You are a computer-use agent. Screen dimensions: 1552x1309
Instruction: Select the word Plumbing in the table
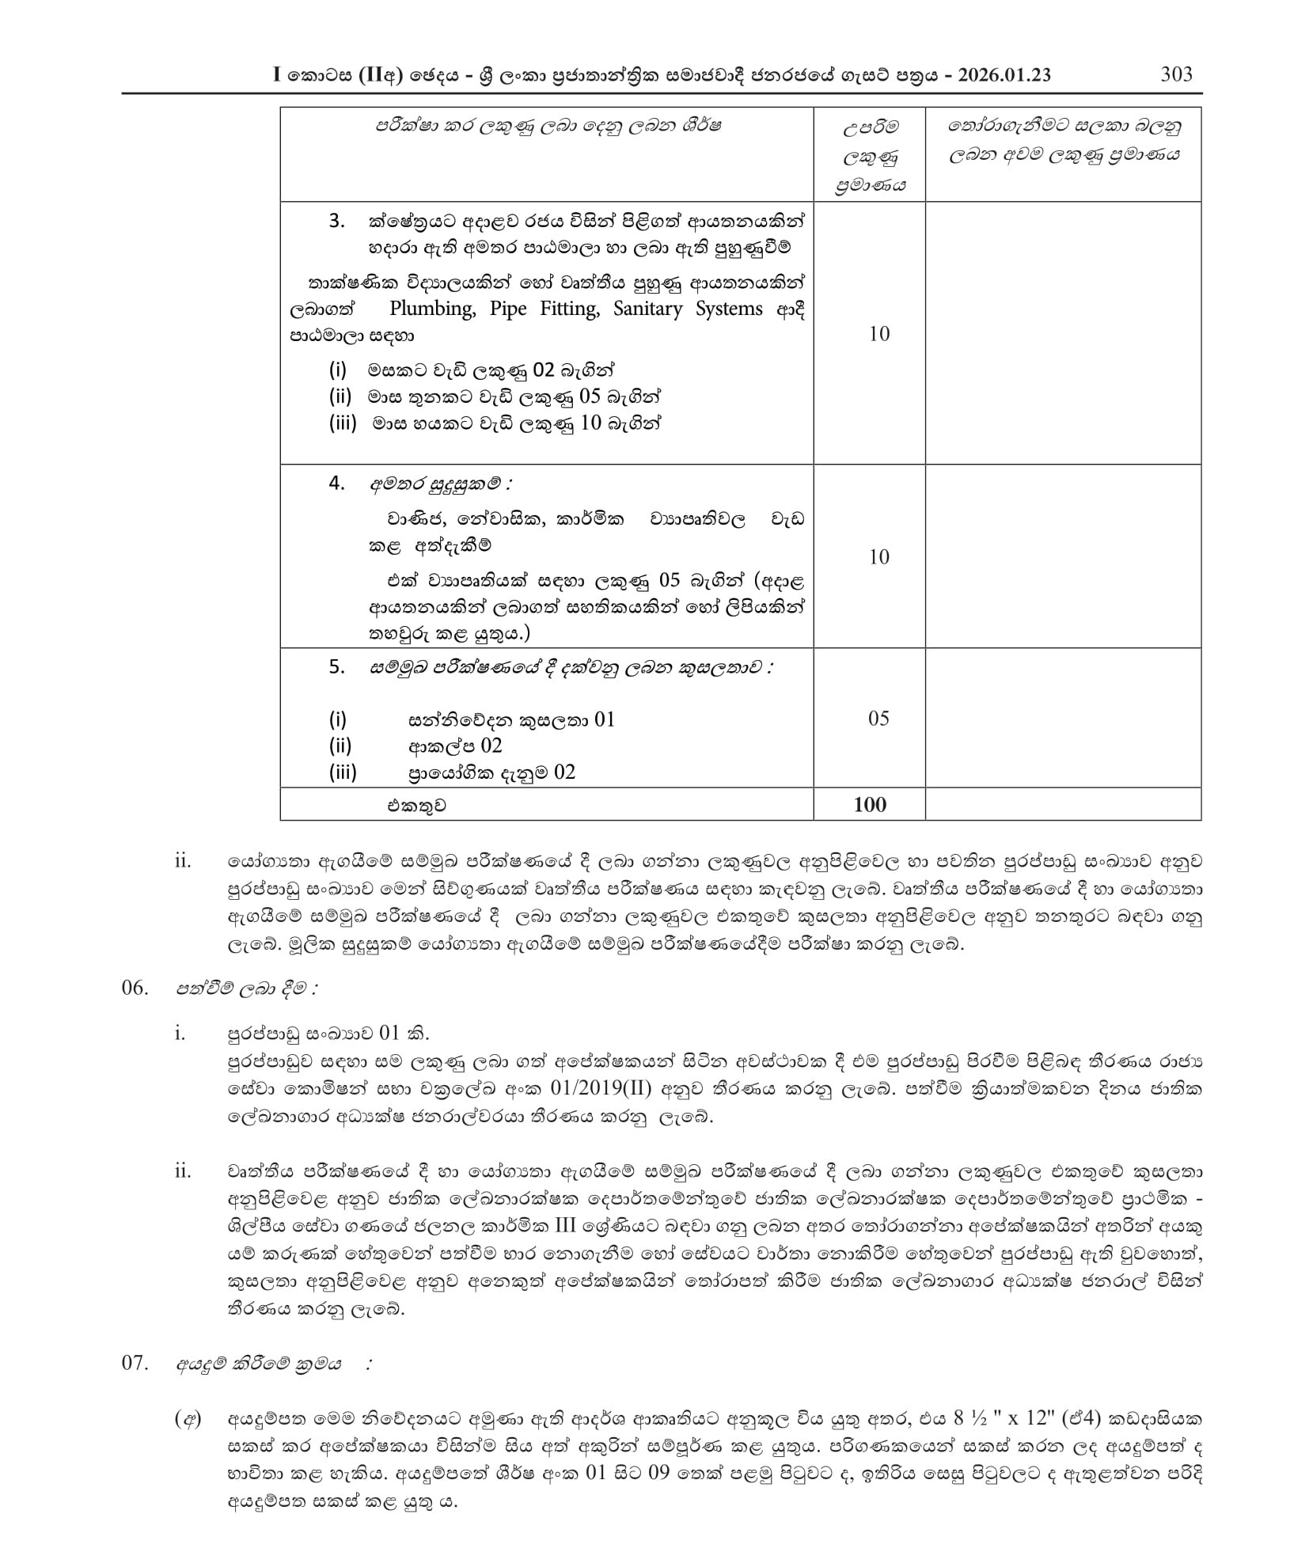coord(432,309)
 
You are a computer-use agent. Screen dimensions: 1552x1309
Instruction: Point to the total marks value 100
coord(870,804)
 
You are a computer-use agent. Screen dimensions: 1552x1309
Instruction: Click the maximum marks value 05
coord(878,718)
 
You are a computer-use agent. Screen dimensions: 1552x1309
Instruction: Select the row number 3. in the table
coord(337,221)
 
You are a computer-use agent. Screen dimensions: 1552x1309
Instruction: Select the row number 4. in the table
coord(337,483)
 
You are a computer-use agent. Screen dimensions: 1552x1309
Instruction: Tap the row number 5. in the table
coord(337,666)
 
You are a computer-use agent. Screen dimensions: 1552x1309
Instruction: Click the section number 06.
coord(135,988)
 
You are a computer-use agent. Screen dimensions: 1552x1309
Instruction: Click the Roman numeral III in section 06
coord(565,1227)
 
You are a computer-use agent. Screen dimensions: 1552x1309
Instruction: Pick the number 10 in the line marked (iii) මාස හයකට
coord(591,423)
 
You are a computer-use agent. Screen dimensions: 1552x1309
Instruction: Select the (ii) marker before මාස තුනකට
coord(340,397)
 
